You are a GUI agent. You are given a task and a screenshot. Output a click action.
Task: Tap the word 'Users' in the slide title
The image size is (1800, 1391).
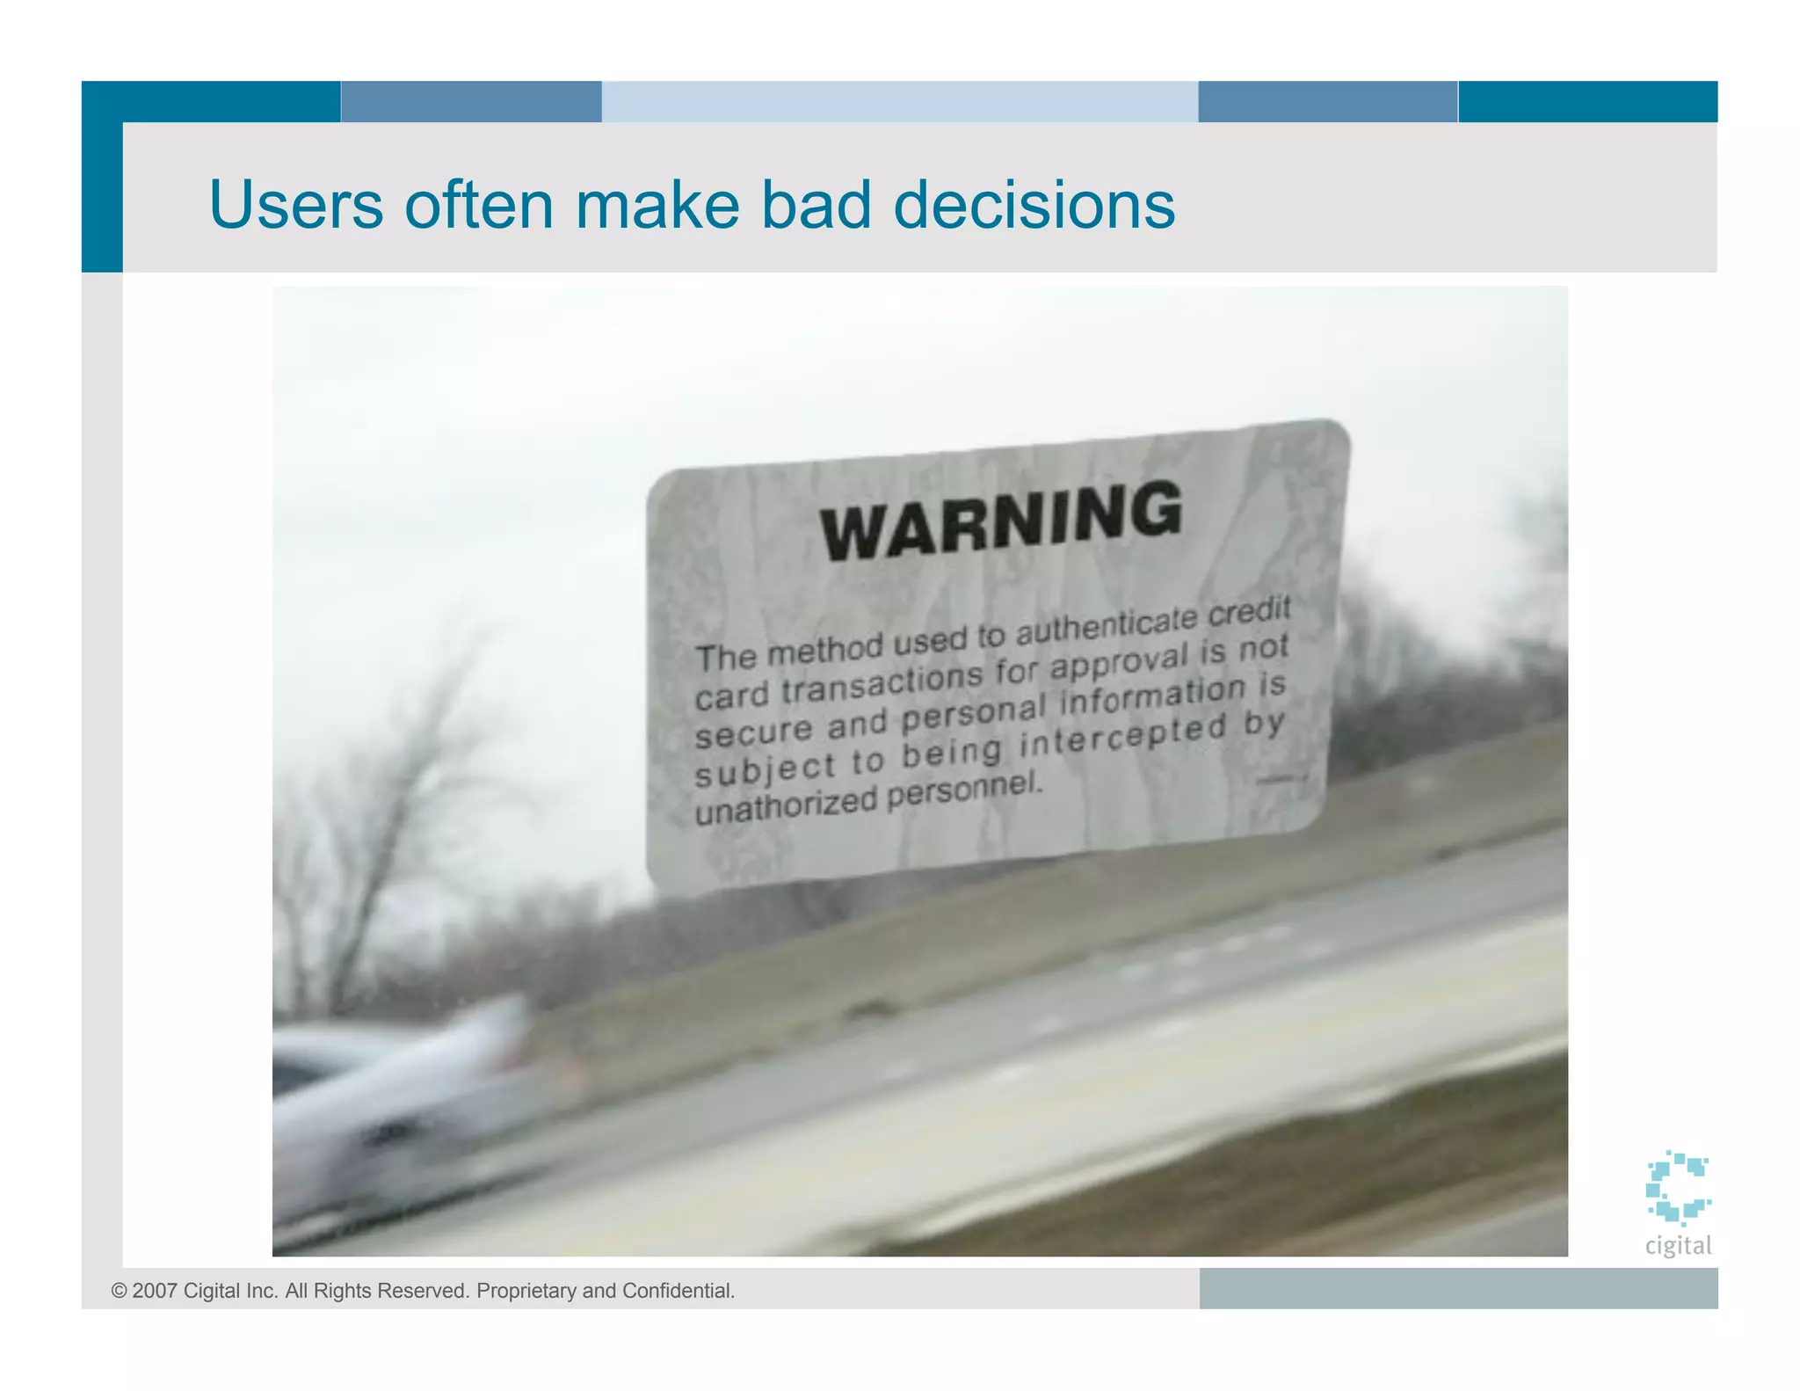point(295,205)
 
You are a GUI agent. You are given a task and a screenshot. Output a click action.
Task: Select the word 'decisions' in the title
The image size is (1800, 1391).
point(1034,205)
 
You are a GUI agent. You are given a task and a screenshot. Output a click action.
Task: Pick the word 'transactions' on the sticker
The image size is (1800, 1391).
point(882,681)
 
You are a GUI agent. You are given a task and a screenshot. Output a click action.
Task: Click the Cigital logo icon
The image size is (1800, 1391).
point(1677,1187)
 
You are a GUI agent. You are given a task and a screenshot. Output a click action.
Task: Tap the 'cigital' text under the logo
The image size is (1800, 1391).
point(1678,1245)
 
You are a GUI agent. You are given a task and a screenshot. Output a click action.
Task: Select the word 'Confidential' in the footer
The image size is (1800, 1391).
point(678,1291)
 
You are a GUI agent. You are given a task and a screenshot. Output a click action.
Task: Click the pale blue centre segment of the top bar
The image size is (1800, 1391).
point(899,101)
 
